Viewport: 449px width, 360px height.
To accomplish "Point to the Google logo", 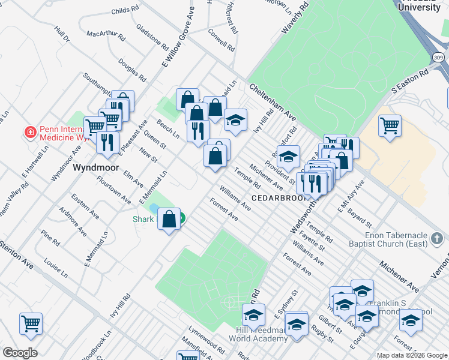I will click(20, 353).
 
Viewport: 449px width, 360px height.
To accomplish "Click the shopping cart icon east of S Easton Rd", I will click(390, 126).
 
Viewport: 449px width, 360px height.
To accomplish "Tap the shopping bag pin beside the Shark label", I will click(169, 219).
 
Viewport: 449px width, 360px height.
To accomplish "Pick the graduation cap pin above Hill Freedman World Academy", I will click(253, 314).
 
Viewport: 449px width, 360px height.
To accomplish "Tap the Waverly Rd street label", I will click(295, 20).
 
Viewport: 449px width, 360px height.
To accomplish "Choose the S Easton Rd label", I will click(410, 80).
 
